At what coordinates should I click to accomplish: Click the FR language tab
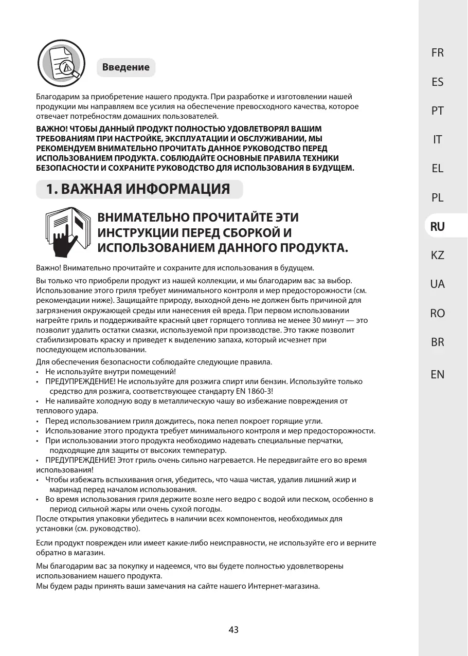[438, 52]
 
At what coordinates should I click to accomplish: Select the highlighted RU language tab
[438, 226]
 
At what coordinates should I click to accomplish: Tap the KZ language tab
[438, 255]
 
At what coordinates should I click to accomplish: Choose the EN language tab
[438, 374]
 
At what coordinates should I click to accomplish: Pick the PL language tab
[438, 197]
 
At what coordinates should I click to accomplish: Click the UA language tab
[438, 284]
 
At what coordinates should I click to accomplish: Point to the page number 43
[233, 629]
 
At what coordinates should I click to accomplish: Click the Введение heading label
[126, 67]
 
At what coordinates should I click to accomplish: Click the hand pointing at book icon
[67, 232]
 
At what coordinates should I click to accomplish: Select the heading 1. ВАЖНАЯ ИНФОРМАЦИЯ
[138, 189]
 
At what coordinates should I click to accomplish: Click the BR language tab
[438, 342]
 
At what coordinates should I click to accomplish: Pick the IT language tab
[438, 139]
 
